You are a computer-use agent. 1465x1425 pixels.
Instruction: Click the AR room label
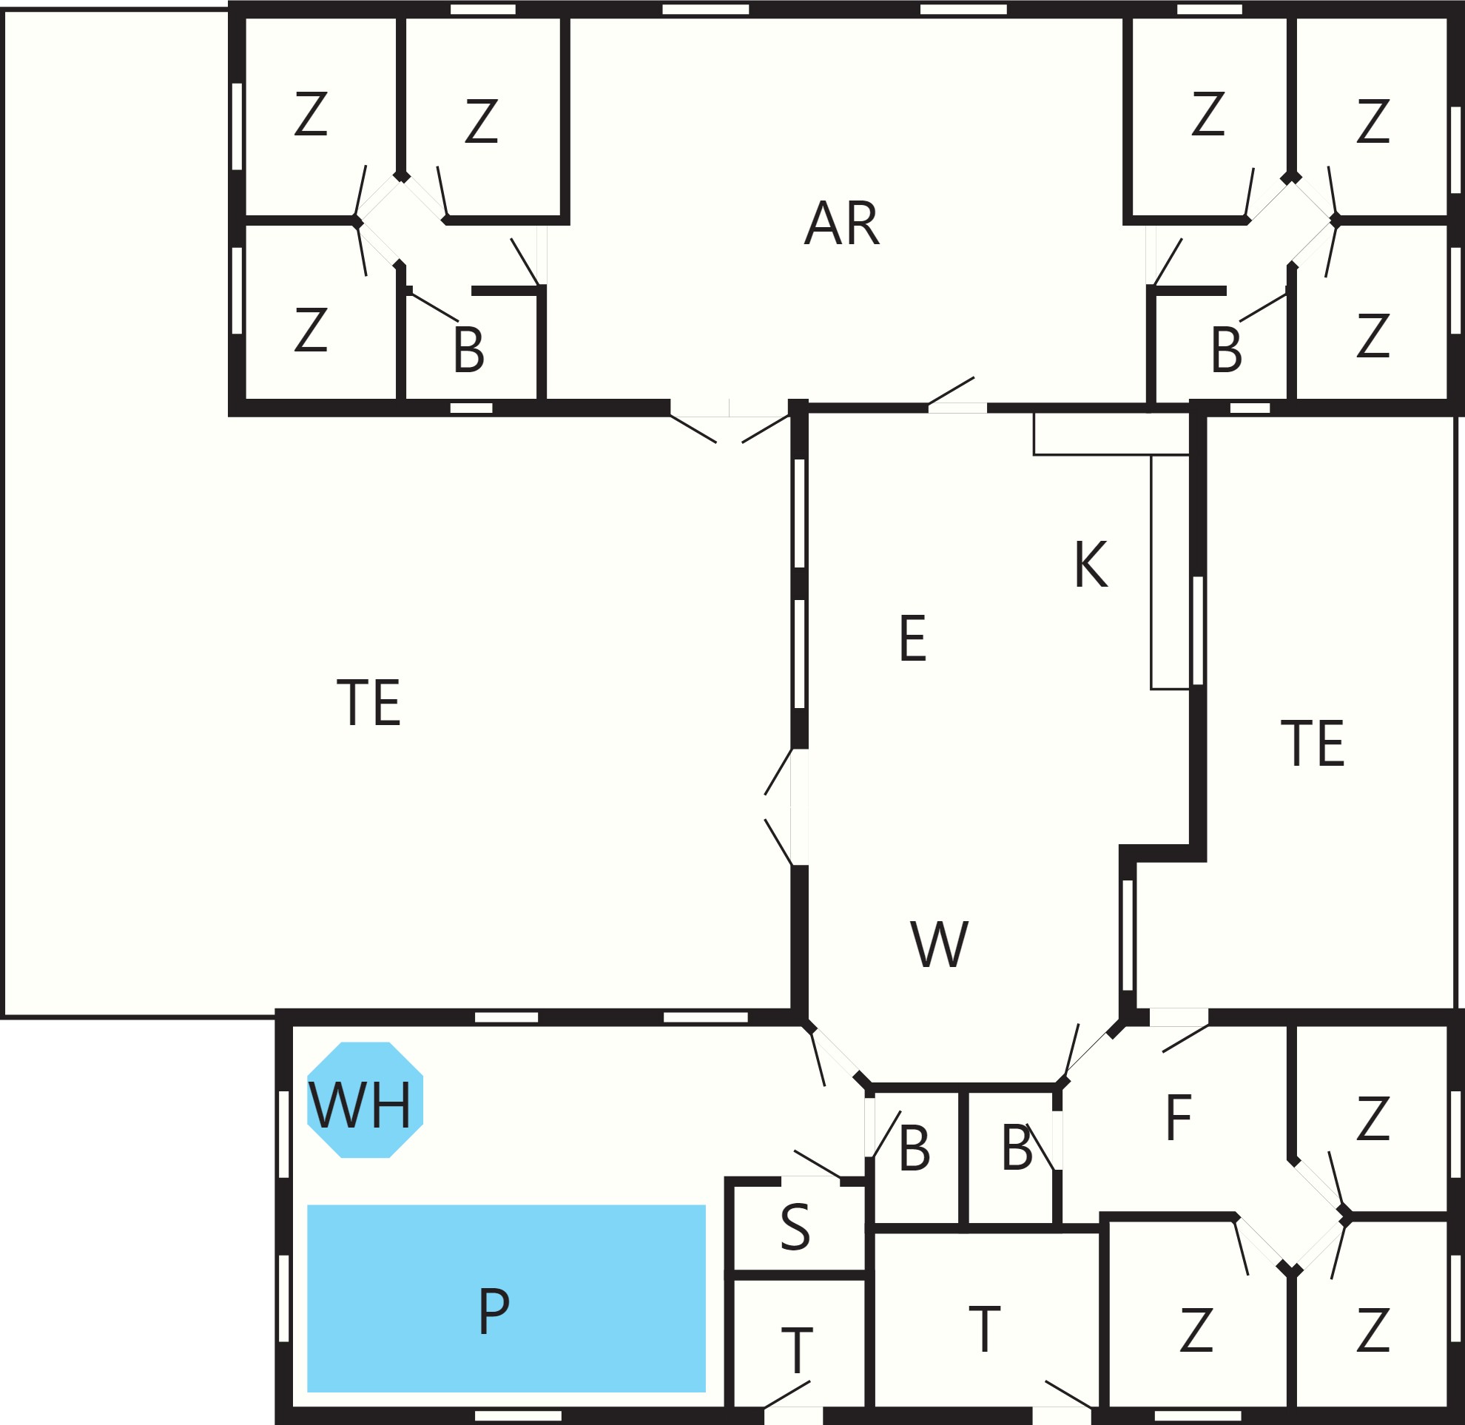pyautogui.click(x=841, y=223)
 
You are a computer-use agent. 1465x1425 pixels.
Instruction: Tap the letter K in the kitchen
pyautogui.click(x=1090, y=565)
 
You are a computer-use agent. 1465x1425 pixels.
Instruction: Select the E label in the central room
pyautogui.click(x=912, y=638)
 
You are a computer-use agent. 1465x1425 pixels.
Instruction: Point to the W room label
pyautogui.click(x=940, y=944)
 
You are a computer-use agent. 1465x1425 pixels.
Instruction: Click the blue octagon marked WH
pyautogui.click(x=366, y=1100)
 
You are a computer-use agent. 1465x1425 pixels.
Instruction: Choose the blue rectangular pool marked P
pyautogui.click(x=506, y=1298)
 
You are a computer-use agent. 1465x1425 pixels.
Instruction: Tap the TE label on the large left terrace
pyautogui.click(x=369, y=702)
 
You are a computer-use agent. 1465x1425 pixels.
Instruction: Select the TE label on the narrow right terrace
pyautogui.click(x=1313, y=743)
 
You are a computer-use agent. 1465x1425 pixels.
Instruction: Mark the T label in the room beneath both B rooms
pyautogui.click(x=984, y=1329)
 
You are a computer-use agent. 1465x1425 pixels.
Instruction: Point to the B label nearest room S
pyautogui.click(x=914, y=1148)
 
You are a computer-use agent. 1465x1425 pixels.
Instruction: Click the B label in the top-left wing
pyautogui.click(x=468, y=349)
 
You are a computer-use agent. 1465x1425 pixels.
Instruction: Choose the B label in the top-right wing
pyautogui.click(x=1226, y=349)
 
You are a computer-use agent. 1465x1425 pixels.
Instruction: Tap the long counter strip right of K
pyautogui.click(x=1170, y=572)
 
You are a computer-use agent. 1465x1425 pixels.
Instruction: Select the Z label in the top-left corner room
pyautogui.click(x=311, y=114)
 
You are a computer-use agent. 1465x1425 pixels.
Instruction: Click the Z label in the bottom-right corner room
pyautogui.click(x=1373, y=1330)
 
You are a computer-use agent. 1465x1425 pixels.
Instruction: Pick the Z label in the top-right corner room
pyautogui.click(x=1373, y=121)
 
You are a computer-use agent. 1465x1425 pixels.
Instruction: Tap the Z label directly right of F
pyautogui.click(x=1373, y=1118)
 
